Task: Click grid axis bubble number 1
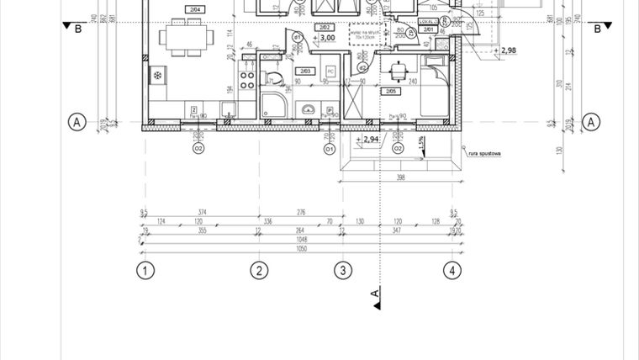point(145,270)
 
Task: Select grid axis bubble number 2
point(260,270)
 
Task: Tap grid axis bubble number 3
point(341,270)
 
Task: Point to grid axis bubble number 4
point(453,270)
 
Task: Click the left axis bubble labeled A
point(77,122)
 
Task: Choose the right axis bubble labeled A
point(592,122)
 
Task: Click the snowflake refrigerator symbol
point(157,77)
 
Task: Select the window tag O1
point(330,149)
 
